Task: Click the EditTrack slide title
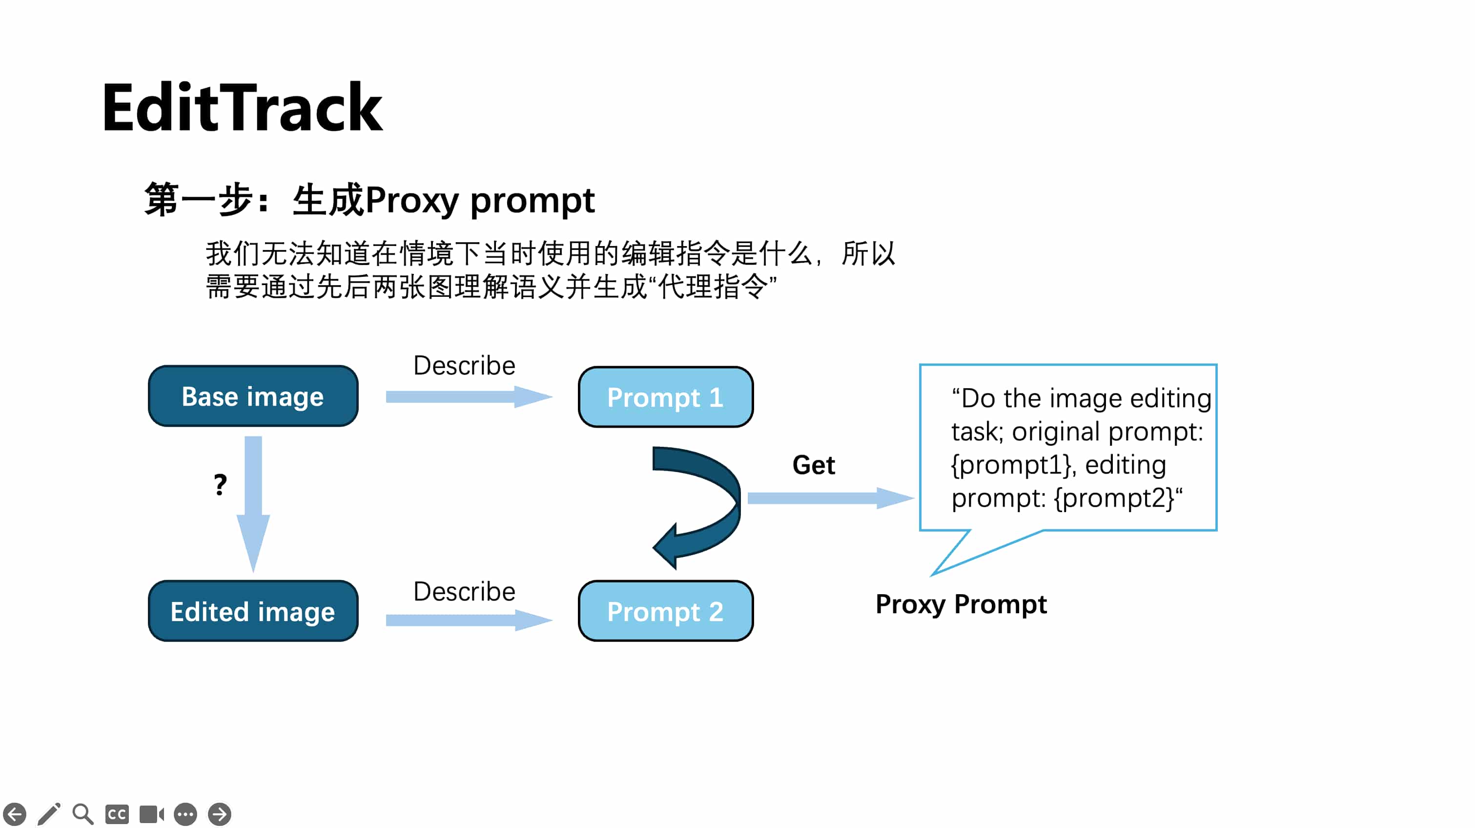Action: (x=242, y=108)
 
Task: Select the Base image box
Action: (x=253, y=396)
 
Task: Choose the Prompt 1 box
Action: (x=665, y=397)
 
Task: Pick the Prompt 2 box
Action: (x=665, y=611)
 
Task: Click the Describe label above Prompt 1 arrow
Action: (x=464, y=365)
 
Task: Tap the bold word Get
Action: (x=813, y=465)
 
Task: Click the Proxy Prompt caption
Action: (x=961, y=604)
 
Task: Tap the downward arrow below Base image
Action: (x=253, y=504)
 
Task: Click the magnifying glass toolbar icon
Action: (x=83, y=814)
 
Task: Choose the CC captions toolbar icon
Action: (x=117, y=814)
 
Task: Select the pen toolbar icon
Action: (x=49, y=814)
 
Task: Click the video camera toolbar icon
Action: (x=151, y=814)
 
